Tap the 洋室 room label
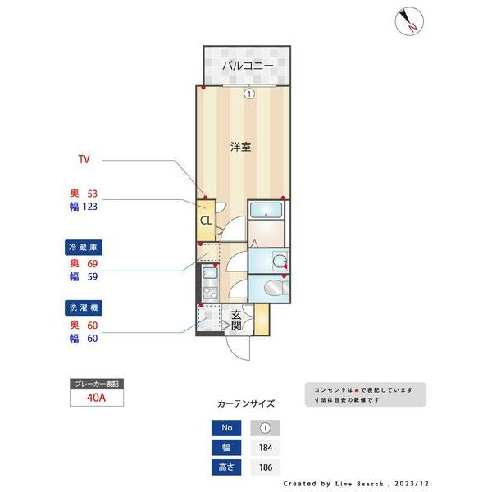coord(240,147)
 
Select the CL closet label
coord(206,220)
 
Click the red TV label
coord(84,157)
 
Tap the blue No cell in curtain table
coord(226,427)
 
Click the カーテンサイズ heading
coord(246,403)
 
